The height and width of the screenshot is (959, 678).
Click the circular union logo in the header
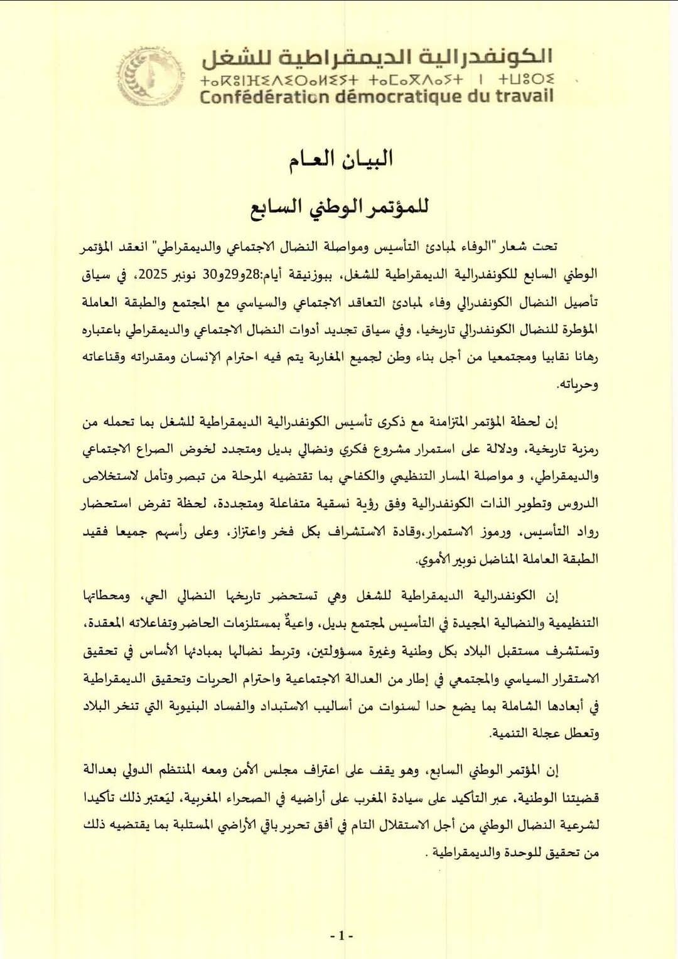pyautogui.click(x=151, y=77)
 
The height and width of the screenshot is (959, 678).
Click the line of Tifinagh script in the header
pyautogui.click(x=377, y=80)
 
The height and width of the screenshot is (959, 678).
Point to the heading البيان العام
pyautogui.click(x=340, y=159)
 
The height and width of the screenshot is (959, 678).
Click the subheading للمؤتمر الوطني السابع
pyautogui.click(x=340, y=206)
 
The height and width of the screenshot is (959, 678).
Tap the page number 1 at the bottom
pyautogui.click(x=342, y=936)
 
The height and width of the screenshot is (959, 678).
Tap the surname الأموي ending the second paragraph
pyautogui.click(x=434, y=559)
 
